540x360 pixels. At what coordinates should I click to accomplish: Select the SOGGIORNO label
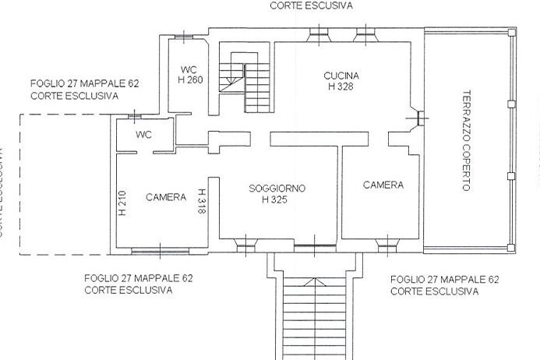[277, 189]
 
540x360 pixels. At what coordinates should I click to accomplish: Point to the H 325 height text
[277, 199]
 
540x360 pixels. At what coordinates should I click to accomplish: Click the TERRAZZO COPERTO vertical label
[466, 142]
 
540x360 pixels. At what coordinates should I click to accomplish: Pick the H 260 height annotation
[191, 79]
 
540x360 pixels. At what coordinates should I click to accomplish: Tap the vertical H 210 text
[122, 203]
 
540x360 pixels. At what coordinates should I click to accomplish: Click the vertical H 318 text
[201, 202]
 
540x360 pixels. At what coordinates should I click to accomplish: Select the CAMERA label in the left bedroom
[166, 197]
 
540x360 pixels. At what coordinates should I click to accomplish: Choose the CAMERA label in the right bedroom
[383, 185]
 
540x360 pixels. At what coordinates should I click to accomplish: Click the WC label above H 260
[189, 68]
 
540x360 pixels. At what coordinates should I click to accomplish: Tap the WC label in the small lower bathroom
[143, 134]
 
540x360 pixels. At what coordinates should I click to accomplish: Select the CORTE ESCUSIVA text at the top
[312, 5]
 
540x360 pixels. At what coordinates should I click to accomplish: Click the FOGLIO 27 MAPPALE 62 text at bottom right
[444, 279]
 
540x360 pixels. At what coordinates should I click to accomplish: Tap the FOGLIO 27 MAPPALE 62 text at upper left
[85, 84]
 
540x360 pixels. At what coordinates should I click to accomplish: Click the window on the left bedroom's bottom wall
[159, 250]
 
